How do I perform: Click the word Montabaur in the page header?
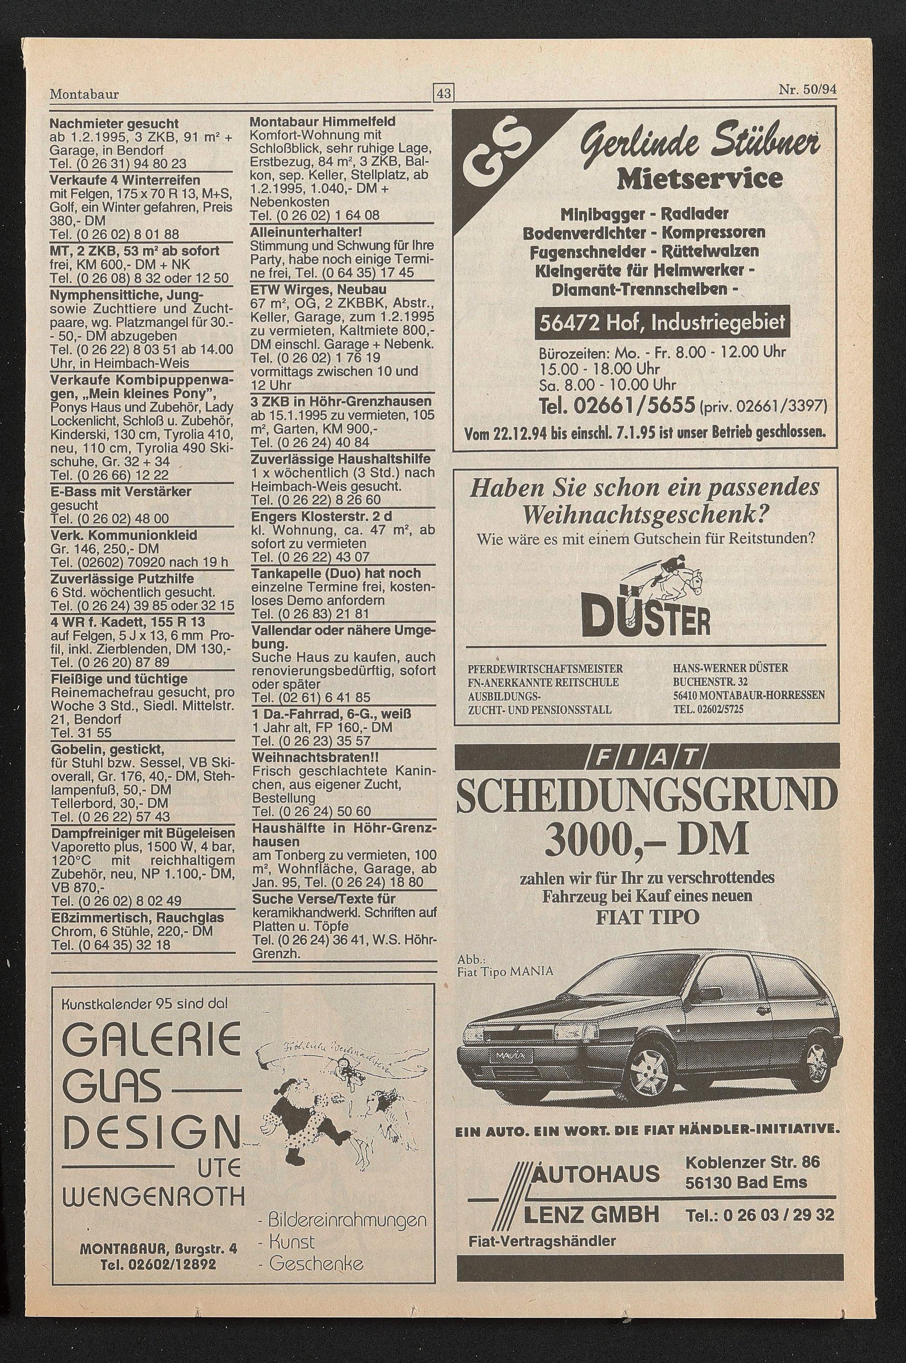click(x=84, y=94)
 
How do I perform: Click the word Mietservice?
click(x=700, y=179)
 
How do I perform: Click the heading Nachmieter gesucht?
click(x=114, y=123)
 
